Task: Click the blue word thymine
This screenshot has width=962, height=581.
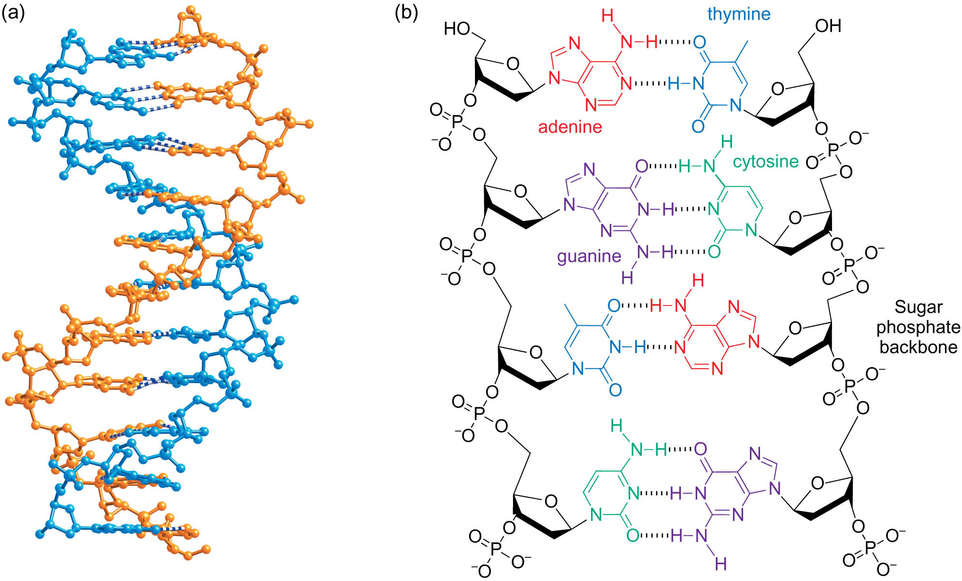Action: tap(738, 14)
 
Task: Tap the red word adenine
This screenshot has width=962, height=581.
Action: tap(570, 127)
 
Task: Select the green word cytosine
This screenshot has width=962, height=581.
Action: tap(765, 162)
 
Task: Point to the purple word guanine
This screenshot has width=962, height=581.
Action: tap(589, 256)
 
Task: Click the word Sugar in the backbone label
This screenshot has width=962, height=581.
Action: tap(918, 307)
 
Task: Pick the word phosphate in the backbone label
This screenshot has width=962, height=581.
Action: tap(918, 328)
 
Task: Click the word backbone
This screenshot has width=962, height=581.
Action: tap(918, 347)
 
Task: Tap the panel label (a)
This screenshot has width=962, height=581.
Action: tap(13, 13)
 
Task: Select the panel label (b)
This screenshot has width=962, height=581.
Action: tap(406, 13)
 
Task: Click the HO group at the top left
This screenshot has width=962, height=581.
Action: tap(457, 29)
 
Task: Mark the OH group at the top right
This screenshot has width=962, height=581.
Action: tap(828, 26)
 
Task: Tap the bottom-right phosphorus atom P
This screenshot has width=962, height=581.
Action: tap(870, 547)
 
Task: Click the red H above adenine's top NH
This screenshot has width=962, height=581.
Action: tap(607, 16)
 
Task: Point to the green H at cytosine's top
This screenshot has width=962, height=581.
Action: tap(726, 142)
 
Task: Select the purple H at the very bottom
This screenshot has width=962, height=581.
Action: tap(720, 563)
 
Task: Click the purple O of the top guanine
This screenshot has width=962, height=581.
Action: tap(642, 166)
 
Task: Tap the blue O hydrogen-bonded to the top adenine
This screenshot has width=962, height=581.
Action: tap(699, 42)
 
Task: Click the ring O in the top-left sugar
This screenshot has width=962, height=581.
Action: tap(513, 64)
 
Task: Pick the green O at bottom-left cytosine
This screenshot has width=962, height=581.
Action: tap(633, 535)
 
